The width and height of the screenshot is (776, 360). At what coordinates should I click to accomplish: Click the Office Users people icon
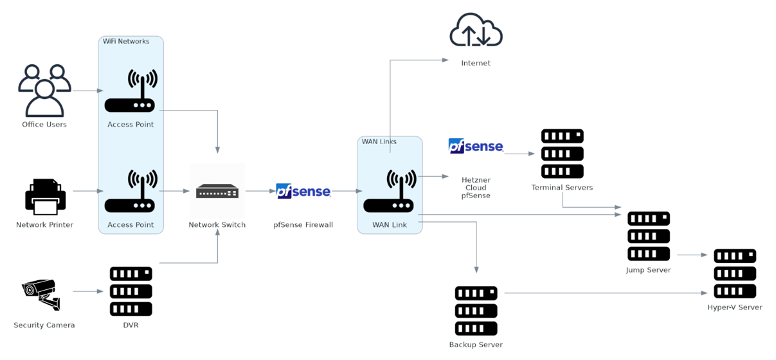pos(44,90)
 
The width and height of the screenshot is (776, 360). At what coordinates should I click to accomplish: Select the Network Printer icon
pos(45,197)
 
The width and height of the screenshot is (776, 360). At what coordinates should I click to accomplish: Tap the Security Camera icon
pos(42,294)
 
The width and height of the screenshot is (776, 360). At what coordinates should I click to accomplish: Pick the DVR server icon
pos(131,291)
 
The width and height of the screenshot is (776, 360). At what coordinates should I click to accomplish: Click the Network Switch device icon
pos(217,191)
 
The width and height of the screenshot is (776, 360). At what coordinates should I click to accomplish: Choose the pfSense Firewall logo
pos(303,191)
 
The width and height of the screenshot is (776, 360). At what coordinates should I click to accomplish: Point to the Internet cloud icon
pos(476,31)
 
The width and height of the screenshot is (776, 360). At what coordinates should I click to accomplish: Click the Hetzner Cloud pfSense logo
pos(476,146)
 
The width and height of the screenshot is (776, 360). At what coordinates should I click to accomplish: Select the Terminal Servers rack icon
pos(562,154)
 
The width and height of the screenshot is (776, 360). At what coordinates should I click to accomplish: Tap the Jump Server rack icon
pos(648,236)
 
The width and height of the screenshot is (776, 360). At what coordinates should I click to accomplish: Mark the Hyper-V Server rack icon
pos(735,273)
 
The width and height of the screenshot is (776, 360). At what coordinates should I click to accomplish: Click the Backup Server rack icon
pos(476,310)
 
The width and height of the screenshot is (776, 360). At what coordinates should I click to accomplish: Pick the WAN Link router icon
pos(389,191)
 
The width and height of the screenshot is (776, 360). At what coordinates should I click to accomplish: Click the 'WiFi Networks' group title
pos(126,41)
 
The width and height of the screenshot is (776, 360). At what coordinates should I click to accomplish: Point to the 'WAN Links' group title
pos(379,141)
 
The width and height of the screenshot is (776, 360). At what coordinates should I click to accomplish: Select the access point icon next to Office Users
pos(131,91)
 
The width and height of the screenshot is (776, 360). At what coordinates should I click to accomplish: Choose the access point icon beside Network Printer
pos(131,191)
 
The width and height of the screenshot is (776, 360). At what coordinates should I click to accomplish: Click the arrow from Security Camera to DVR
pos(88,292)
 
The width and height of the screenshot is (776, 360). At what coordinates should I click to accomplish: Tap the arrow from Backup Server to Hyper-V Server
pos(604,293)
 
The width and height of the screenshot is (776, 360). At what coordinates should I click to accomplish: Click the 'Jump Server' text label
pos(648,270)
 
